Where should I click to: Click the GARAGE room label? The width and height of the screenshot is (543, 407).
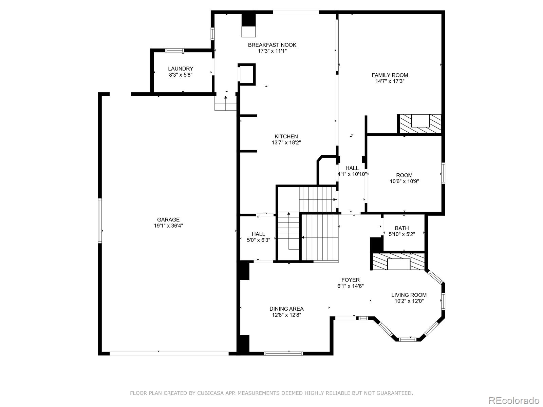pyautogui.click(x=168, y=219)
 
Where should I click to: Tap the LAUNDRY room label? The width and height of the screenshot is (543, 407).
pyautogui.click(x=181, y=69)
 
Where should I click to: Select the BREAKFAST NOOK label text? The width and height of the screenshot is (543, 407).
pyautogui.click(x=272, y=45)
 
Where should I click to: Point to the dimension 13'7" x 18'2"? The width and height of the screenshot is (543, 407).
pyautogui.click(x=286, y=143)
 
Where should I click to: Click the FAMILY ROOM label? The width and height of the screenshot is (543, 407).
pyautogui.click(x=390, y=75)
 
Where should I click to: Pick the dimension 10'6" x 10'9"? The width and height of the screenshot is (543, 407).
pyautogui.click(x=404, y=181)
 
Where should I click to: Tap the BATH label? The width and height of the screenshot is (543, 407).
pyautogui.click(x=401, y=228)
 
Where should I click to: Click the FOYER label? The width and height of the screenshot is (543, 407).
pyautogui.click(x=350, y=280)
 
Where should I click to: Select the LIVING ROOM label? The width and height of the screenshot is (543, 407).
pyautogui.click(x=409, y=295)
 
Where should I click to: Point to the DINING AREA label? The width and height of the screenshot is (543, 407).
pyautogui.click(x=286, y=309)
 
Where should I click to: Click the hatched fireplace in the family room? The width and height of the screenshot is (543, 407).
pyautogui.click(x=420, y=124)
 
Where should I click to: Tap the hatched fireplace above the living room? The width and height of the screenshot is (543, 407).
pyautogui.click(x=398, y=261)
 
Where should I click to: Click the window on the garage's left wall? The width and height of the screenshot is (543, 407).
pyautogui.click(x=100, y=220)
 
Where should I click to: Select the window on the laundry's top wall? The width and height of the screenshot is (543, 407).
pyautogui.click(x=175, y=51)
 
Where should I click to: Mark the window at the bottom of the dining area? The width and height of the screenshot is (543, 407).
pyautogui.click(x=283, y=353)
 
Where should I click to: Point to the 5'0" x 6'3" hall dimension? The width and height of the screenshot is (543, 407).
pyautogui.click(x=258, y=240)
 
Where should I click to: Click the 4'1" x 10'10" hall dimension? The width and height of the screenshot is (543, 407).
pyautogui.click(x=352, y=174)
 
